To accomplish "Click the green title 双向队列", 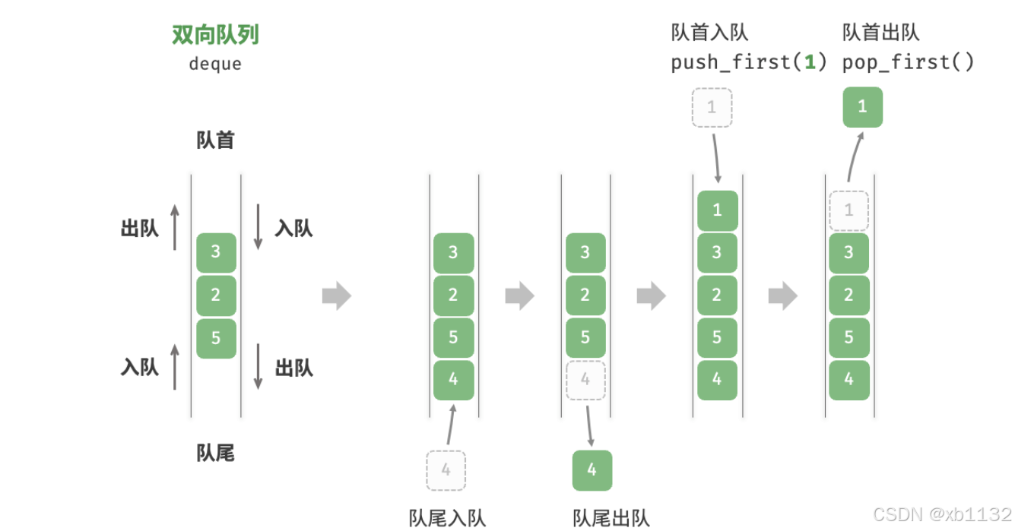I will (216, 35).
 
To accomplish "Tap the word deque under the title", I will (216, 64).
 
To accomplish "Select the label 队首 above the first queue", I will (216, 141).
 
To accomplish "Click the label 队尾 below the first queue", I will (216, 454).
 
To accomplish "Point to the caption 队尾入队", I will (447, 518).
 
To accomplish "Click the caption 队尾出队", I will (611, 518).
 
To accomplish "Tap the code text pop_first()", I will (908, 62).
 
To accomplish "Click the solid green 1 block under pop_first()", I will (862, 107).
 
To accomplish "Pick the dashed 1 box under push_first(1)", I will (712, 107).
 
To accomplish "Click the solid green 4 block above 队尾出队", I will (592, 470).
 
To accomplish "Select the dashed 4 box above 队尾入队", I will (446, 470).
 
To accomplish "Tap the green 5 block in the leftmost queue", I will (216, 338).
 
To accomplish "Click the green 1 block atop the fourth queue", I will (717, 210).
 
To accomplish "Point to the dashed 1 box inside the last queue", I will (848, 210).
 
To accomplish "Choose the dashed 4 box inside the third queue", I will (585, 380).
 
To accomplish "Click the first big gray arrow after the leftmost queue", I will (336, 296).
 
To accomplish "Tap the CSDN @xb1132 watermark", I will (942, 514).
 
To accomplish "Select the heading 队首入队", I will (709, 32).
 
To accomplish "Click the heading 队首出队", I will (880, 32).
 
